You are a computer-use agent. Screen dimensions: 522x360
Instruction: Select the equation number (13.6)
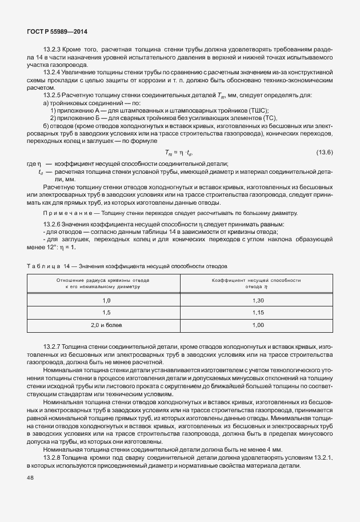point(324,152)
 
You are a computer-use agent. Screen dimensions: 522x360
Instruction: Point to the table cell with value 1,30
point(257,300)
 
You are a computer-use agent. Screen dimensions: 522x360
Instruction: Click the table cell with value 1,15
point(257,313)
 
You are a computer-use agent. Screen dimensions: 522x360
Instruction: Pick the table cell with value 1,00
point(257,325)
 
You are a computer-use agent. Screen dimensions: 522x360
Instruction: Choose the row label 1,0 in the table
point(106,300)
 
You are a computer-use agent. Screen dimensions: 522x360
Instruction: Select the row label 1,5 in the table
point(106,313)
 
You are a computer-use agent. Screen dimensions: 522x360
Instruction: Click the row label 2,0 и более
point(106,325)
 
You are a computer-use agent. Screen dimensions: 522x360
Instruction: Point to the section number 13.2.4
point(52,74)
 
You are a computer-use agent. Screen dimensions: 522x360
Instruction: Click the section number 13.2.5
point(52,96)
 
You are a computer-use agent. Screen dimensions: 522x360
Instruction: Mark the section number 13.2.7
point(52,348)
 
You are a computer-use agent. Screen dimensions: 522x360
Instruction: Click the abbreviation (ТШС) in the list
point(257,110)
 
